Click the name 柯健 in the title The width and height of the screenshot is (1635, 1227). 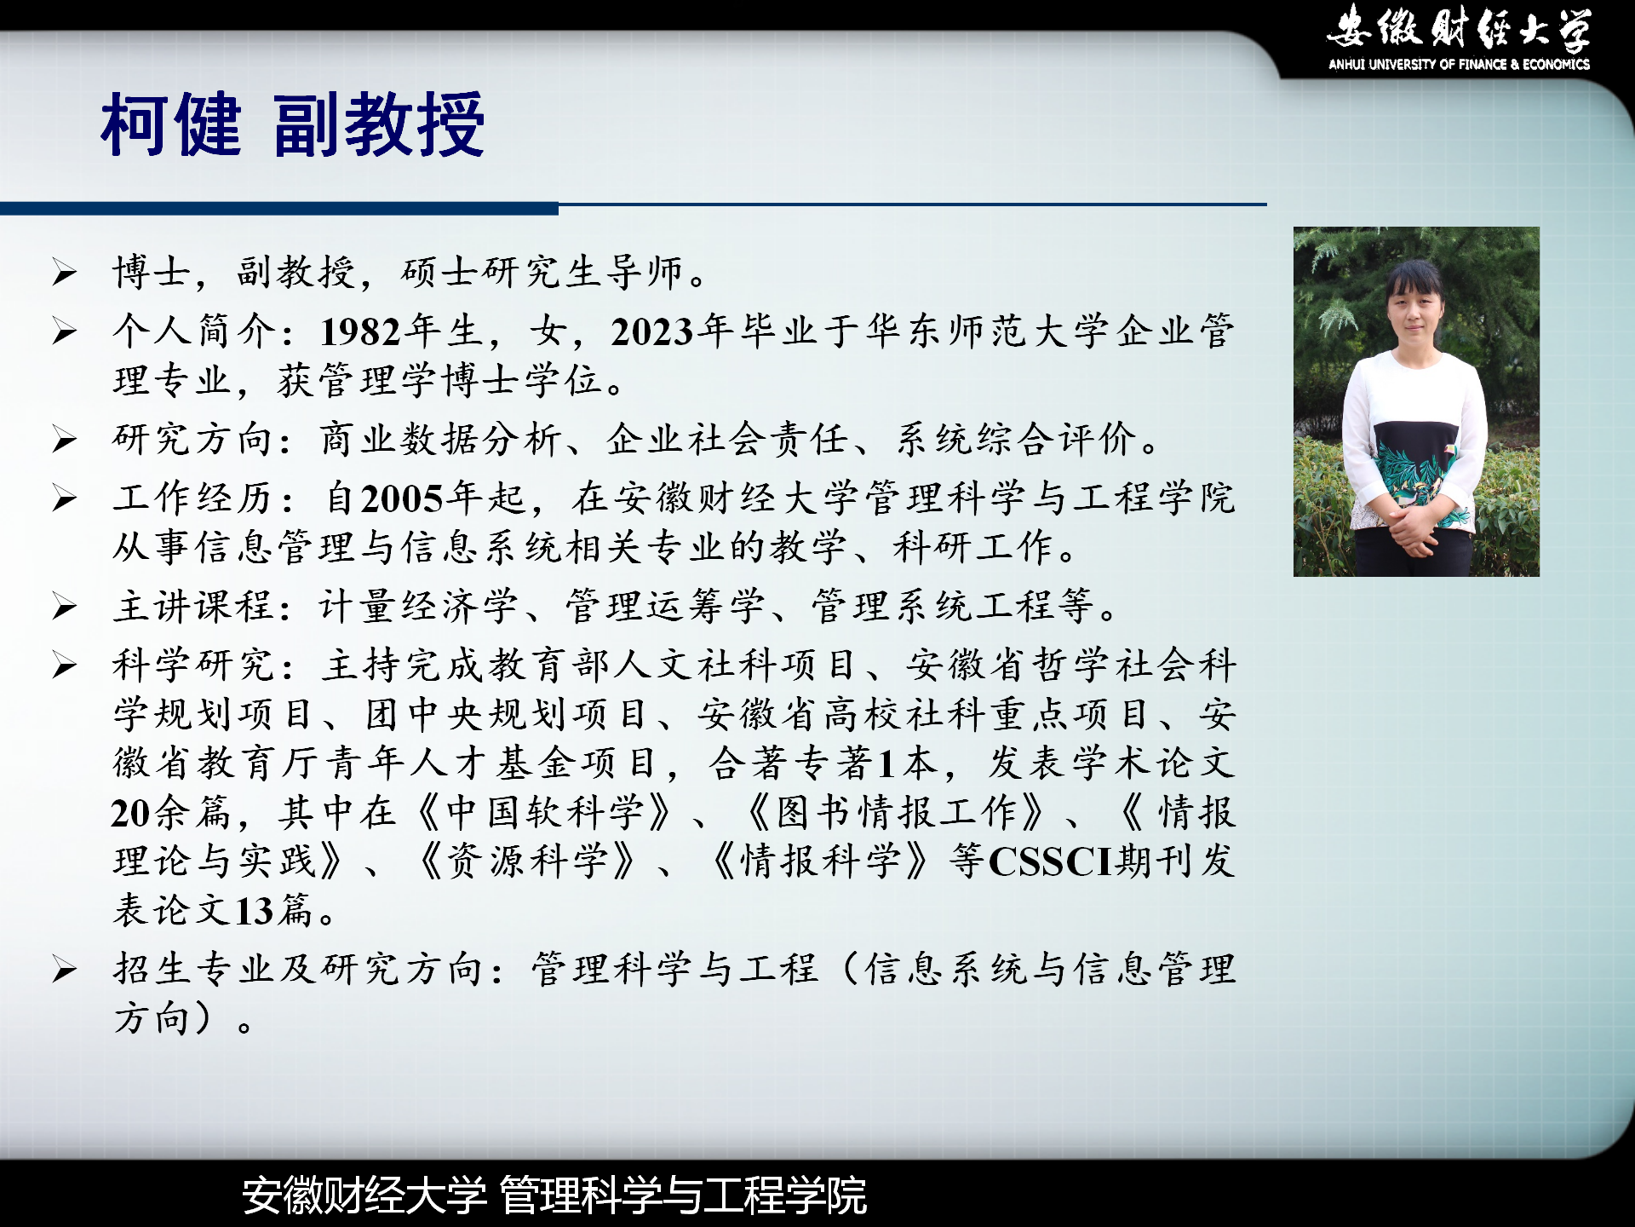tap(171, 125)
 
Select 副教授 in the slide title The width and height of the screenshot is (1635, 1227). tap(379, 125)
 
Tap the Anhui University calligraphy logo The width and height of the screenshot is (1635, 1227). tap(1459, 27)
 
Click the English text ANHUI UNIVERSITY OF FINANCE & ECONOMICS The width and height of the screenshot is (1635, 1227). tap(1459, 64)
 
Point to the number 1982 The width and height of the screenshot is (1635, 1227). tap(361, 331)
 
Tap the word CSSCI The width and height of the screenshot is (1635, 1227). tap(1051, 861)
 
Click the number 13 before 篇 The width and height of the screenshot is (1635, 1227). tap(254, 911)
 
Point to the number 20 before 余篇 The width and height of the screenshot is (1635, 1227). tap(131, 813)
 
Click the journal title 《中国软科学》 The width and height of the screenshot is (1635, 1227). tap(545, 813)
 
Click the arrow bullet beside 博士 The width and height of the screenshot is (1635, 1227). tap(64, 273)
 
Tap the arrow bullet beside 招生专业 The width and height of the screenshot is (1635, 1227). tap(64, 970)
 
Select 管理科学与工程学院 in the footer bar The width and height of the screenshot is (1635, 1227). tap(683, 1195)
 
